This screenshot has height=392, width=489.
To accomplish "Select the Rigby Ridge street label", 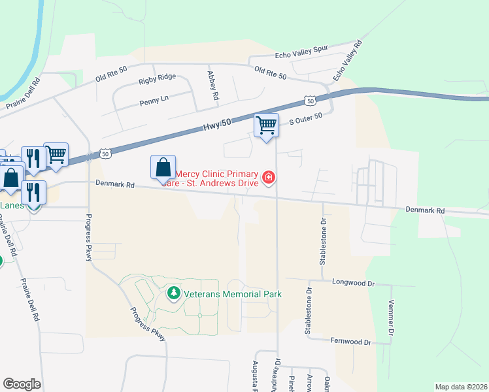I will coord(157,77).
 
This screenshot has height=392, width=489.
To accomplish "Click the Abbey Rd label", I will coord(212,86).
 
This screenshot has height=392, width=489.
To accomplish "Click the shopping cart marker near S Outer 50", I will coord(266,124).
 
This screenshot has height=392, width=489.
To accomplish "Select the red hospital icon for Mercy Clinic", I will coord(268,177).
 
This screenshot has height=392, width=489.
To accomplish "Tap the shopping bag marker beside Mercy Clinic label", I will coord(163,167).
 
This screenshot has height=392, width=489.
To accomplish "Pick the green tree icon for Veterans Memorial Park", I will coord(173,294).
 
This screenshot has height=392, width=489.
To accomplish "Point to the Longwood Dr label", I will coord(353,284).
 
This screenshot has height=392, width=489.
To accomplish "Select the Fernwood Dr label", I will coord(351,342).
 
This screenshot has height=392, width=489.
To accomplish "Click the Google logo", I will coord(22,384).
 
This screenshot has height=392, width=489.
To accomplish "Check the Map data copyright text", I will coord(460,387).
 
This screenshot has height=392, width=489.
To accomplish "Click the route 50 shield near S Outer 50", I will coord(310,101).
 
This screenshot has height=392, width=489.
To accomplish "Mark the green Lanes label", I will coord(12,205).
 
